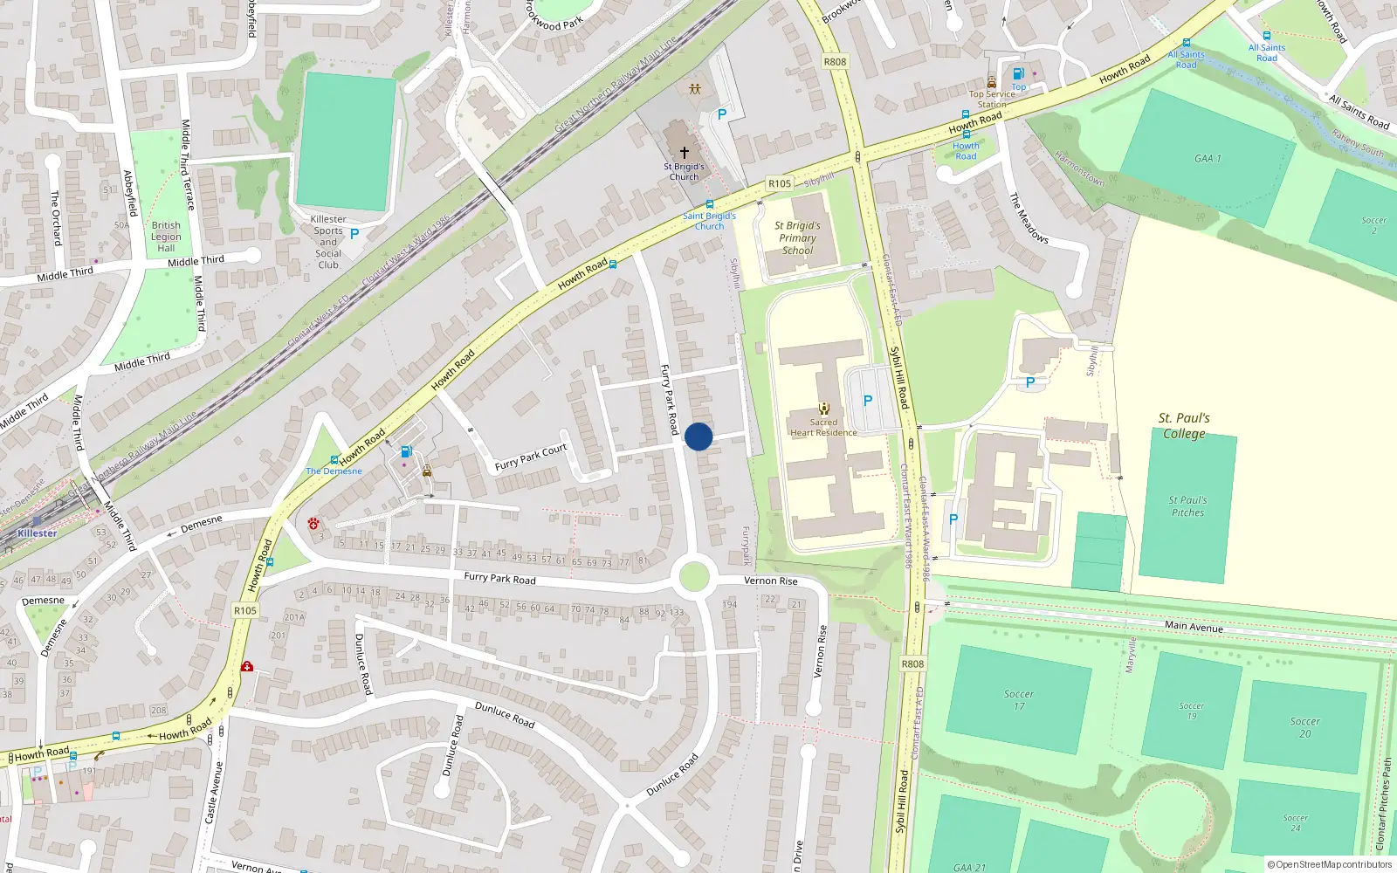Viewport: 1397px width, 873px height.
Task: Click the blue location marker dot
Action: (698, 436)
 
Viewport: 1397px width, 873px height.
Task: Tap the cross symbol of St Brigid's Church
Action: (685, 153)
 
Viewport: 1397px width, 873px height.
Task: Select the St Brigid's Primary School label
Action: (797, 237)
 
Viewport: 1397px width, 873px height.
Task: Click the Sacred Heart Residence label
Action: (823, 428)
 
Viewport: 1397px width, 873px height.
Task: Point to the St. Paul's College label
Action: (1184, 425)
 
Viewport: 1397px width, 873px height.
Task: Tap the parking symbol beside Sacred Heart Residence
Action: (868, 401)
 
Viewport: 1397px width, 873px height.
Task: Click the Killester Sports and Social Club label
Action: (328, 242)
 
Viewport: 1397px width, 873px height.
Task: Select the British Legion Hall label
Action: (166, 237)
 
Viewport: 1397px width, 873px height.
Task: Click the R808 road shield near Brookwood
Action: (835, 62)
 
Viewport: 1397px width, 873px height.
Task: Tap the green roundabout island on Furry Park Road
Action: (694, 577)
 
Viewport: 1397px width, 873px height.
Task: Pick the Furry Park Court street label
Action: (531, 457)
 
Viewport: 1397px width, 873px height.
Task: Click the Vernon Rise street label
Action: (771, 581)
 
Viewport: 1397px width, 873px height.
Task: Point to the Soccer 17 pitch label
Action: (1018, 700)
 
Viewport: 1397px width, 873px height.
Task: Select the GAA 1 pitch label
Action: (1208, 158)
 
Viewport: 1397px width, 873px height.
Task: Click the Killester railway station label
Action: (38, 533)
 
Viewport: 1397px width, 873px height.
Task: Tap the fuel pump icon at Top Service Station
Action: (1017, 74)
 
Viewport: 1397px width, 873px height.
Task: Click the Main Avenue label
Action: (1194, 626)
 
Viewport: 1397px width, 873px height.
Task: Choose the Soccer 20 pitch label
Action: (1304, 727)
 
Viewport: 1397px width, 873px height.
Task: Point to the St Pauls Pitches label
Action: (1187, 506)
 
